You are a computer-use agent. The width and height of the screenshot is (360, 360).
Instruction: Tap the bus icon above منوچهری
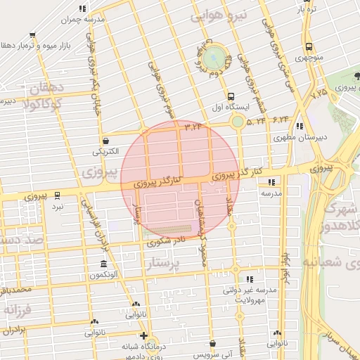[308, 46]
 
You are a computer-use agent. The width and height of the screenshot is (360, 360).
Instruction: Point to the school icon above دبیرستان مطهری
[300, 127]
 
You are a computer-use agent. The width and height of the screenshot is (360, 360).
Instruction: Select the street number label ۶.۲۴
[280, 120]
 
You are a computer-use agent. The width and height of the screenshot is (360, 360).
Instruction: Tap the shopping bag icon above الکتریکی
[105, 140]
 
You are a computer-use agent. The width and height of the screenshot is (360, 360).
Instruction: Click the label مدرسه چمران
[83, 20]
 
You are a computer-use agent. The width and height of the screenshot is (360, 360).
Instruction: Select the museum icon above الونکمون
[103, 264]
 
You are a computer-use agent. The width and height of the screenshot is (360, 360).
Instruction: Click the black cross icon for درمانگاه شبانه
[143, 335]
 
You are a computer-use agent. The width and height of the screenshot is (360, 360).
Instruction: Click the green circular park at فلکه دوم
[216, 56]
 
